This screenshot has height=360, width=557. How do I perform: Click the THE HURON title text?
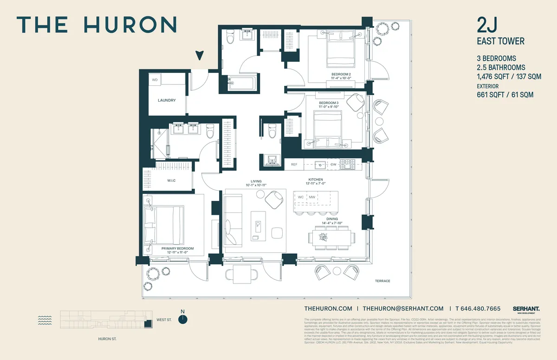pyautogui.click(x=97, y=24)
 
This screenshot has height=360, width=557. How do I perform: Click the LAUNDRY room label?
pyautogui.click(x=166, y=100)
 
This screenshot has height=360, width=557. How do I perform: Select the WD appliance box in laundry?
pyautogui.click(x=155, y=80)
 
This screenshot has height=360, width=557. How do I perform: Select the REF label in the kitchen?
pyautogui.click(x=294, y=165)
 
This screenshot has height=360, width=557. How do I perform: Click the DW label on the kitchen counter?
pyautogui.click(x=333, y=165)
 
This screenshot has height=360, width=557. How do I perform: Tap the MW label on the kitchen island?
pyautogui.click(x=312, y=198)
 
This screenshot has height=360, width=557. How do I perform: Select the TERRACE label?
pyautogui.click(x=383, y=281)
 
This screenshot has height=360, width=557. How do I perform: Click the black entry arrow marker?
pyautogui.click(x=200, y=56)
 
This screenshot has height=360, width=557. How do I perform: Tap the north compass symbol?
pyautogui.click(x=184, y=319)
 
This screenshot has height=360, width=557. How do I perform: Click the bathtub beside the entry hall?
pyautogui.click(x=241, y=84)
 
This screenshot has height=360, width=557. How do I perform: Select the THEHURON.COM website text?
pyautogui.click(x=328, y=309)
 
